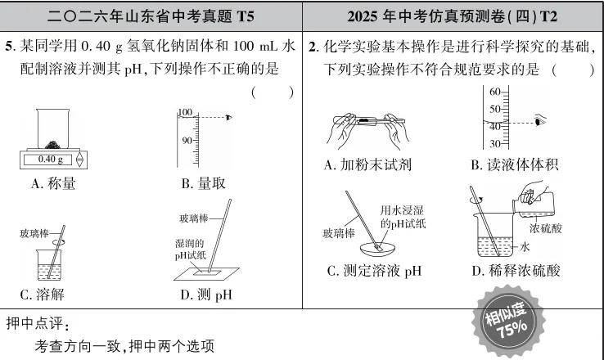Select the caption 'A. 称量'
(53, 184)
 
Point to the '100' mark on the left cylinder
(183, 112)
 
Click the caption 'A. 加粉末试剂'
(367, 165)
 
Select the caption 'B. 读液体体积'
(514, 165)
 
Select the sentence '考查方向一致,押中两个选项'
(124, 346)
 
